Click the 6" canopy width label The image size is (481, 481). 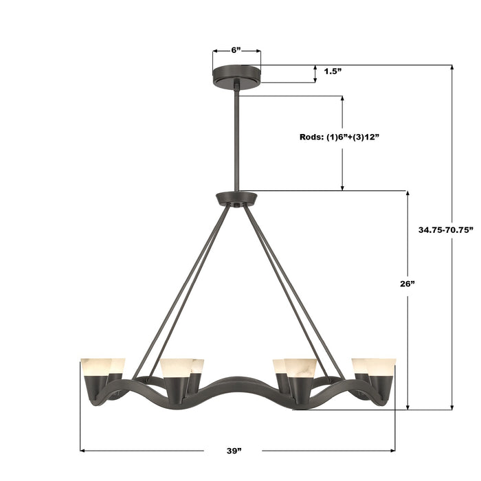[236, 50]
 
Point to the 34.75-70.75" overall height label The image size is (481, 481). [446, 230]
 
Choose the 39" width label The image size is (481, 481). [235, 451]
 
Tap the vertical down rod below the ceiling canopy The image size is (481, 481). [236, 141]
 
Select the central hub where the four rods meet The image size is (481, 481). [236, 199]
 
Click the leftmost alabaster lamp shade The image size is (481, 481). [93, 366]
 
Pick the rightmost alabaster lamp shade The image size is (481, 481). [381, 366]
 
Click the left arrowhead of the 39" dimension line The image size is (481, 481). [83, 451]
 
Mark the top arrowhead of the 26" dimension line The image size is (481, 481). [409, 194]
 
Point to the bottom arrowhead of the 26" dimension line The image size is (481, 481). [409, 407]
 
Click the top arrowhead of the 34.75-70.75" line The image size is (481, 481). [452, 68]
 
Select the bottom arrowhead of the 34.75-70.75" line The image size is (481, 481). [452, 407]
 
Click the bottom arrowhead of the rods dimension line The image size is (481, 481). [342, 187]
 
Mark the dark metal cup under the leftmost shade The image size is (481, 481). [95, 389]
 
